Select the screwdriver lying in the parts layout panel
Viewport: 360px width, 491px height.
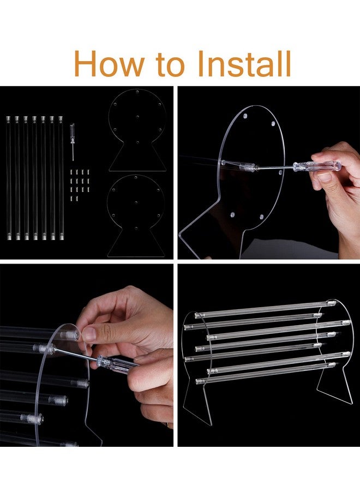tap(73, 141)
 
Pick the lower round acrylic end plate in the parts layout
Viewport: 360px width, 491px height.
tap(136, 216)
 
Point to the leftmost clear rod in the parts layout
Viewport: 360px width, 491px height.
tap(8, 178)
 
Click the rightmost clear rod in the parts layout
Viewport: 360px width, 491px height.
tap(61, 178)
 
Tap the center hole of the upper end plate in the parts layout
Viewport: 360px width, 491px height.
tap(137, 117)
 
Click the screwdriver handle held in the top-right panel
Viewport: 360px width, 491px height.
tap(317, 166)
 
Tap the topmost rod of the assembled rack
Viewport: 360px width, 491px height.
tap(265, 309)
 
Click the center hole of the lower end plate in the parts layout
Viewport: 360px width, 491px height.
tap(136, 203)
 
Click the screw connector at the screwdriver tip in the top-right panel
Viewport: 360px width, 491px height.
tap(249, 167)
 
